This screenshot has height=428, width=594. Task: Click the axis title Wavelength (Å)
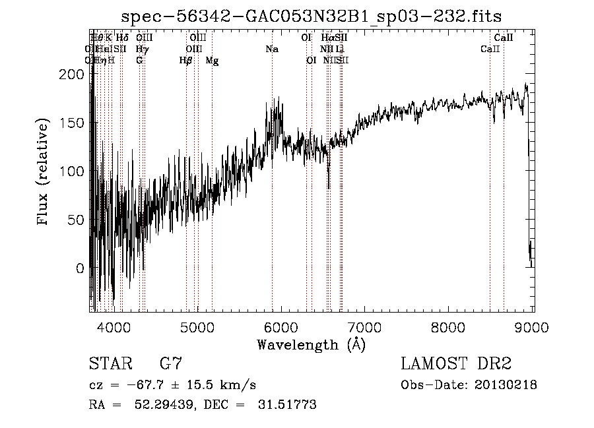pyautogui.click(x=311, y=344)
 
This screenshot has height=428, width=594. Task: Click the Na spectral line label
pyautogui.click(x=272, y=49)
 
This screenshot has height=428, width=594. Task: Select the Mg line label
pyautogui.click(x=213, y=61)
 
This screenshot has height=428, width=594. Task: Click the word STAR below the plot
pyautogui.click(x=109, y=364)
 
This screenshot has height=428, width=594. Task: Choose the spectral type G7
pyautogui.click(x=170, y=364)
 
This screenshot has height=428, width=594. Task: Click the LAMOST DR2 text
pyautogui.click(x=456, y=364)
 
